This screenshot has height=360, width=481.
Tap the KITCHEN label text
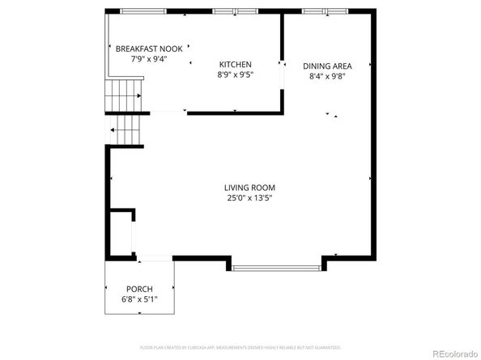coord(236,65)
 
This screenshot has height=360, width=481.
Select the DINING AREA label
coord(328,66)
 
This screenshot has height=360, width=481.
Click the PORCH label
coord(139,289)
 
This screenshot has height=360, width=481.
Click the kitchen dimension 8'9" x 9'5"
coord(236,75)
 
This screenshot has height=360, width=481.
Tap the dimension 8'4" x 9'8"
coord(328,77)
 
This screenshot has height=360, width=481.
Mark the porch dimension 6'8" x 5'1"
coord(139,299)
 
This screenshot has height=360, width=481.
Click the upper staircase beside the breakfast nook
coord(124,95)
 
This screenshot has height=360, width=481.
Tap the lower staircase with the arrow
coord(126,129)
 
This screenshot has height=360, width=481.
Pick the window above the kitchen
coord(236,11)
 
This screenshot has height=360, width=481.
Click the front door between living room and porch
coord(154,259)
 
